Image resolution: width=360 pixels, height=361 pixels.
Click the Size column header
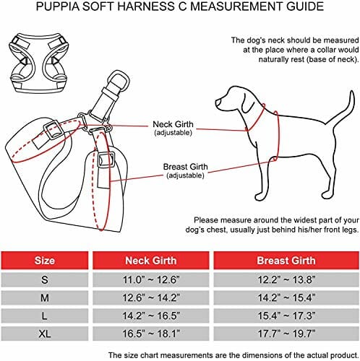pos(45,261)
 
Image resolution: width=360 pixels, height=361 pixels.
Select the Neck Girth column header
pos(151,261)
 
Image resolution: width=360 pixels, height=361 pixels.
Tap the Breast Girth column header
pos(286,261)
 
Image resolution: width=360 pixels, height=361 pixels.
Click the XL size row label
pos(45,334)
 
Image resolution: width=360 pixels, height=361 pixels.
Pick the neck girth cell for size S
pos(151,279)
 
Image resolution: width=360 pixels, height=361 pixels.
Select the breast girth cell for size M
pos(286,297)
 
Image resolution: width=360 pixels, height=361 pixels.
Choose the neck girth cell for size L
pos(151,316)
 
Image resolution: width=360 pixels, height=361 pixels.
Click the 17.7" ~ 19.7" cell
pos(286,334)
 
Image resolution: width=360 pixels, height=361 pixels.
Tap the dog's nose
pos(218,102)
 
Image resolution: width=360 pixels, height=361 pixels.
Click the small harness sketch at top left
pos(38,63)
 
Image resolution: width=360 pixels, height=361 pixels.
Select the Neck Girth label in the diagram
pos(173,128)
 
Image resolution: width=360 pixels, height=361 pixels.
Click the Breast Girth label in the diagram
pos(185,170)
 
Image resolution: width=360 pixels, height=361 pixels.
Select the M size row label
pos(45,297)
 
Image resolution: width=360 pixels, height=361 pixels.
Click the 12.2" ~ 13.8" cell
pos(286,279)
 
